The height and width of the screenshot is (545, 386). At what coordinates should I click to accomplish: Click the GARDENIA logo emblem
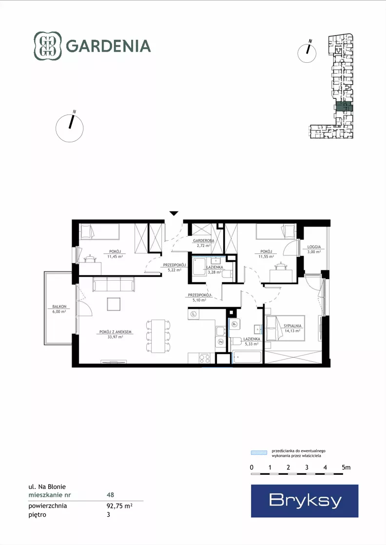point(48,46)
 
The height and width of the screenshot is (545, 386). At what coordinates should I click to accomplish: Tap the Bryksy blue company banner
point(305,501)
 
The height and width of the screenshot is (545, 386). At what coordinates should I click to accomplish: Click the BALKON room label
point(59,306)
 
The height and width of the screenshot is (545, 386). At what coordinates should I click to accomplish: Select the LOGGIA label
point(314,247)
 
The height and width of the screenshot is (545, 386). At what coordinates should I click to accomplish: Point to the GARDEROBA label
point(204,241)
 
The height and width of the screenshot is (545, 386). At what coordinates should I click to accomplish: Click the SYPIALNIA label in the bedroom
point(292,326)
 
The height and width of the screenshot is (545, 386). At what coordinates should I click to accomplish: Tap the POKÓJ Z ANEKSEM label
point(116,332)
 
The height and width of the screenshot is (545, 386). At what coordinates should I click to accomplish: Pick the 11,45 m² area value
point(115,257)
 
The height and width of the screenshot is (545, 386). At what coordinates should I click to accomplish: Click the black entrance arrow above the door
point(174,213)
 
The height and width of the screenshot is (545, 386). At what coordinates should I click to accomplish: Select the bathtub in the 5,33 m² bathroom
point(247,357)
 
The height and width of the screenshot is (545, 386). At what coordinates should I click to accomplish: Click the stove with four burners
point(205,358)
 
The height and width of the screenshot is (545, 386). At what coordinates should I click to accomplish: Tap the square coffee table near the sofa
point(114,304)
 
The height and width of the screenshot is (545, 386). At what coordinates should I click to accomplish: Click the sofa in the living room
point(114,284)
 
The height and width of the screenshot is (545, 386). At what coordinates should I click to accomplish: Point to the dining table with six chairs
point(158,336)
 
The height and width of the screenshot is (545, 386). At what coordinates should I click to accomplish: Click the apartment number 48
point(110,495)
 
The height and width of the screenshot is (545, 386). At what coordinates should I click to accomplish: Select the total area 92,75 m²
point(119,506)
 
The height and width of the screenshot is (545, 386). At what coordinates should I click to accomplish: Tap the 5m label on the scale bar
point(346,468)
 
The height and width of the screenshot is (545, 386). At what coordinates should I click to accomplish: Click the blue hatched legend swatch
point(259,452)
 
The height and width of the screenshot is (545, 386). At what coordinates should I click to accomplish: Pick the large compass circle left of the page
point(70,128)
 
